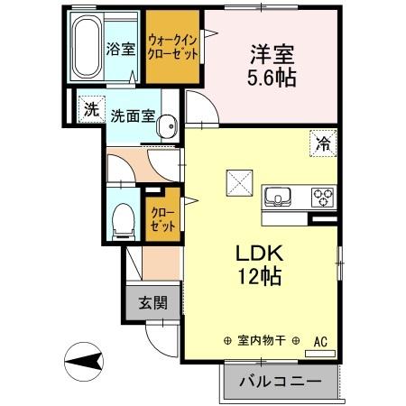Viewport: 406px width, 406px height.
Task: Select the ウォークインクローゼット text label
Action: tap(175, 46)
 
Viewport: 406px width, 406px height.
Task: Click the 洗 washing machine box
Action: tap(90, 111)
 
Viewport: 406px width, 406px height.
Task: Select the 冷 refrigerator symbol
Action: tap(322, 141)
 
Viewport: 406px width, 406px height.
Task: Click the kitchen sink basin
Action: tap(277, 197)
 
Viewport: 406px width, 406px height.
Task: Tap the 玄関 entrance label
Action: tap(152, 303)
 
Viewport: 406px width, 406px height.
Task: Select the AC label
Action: tap(320, 341)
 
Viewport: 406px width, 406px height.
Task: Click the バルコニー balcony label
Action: tap(280, 382)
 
